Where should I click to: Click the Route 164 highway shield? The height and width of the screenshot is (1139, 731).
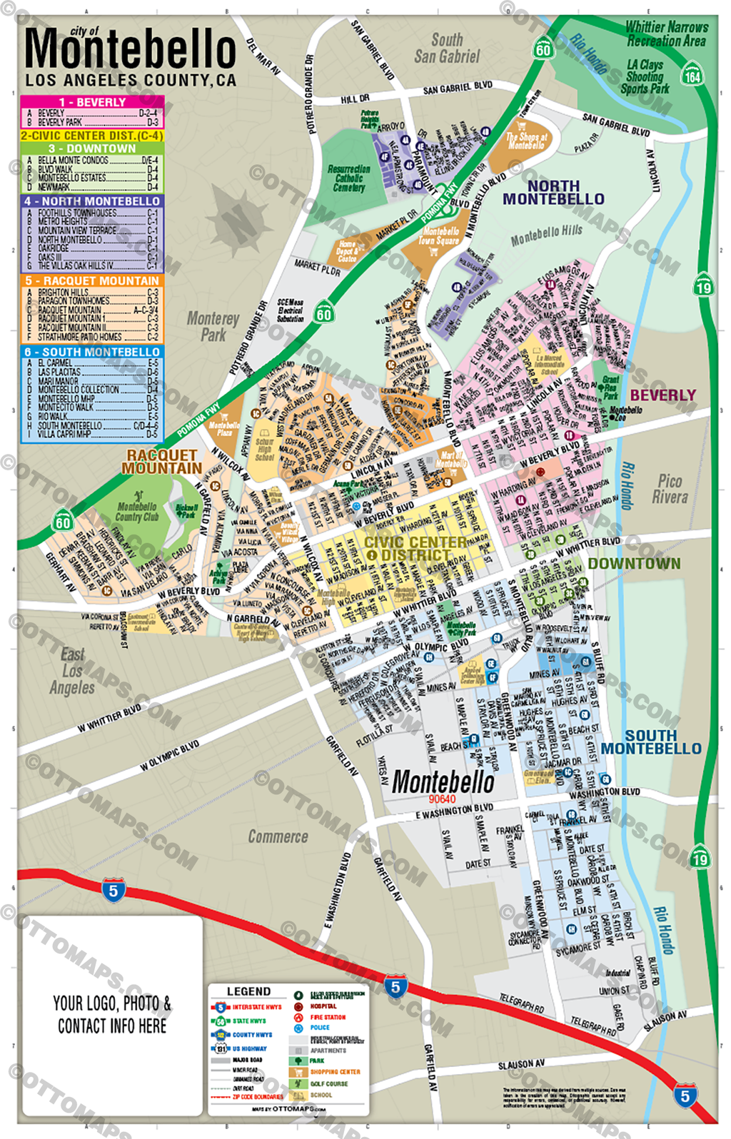click(x=692, y=74)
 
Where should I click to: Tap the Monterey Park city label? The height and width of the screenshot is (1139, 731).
click(x=213, y=326)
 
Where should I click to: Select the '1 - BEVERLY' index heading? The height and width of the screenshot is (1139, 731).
click(x=92, y=102)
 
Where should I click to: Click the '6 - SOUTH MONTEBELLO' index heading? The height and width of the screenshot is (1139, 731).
click(x=92, y=352)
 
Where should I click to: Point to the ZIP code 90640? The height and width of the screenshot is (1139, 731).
click(x=442, y=799)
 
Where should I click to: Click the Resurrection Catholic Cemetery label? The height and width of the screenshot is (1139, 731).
click(x=349, y=178)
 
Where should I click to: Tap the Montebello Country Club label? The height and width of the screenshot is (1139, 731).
click(x=137, y=511)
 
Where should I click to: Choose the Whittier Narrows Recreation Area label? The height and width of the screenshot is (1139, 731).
click(x=666, y=34)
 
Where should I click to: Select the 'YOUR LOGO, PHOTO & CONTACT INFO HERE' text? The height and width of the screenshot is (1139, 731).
click(x=112, y=1014)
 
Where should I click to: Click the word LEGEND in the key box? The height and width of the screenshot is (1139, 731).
click(x=248, y=991)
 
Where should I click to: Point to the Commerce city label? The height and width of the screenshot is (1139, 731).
click(x=278, y=836)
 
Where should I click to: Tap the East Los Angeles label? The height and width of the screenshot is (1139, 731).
click(x=72, y=671)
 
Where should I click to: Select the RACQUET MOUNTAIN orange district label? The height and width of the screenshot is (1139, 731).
click(x=162, y=461)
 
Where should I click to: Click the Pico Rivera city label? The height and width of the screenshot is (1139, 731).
click(x=670, y=489)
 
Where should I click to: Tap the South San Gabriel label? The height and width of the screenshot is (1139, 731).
click(x=447, y=48)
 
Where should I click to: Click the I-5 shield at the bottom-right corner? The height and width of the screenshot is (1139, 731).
click(x=685, y=1095)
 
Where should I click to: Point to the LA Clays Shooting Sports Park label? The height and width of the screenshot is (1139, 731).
click(x=645, y=77)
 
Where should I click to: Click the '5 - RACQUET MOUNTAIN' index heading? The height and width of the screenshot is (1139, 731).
click(x=92, y=280)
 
